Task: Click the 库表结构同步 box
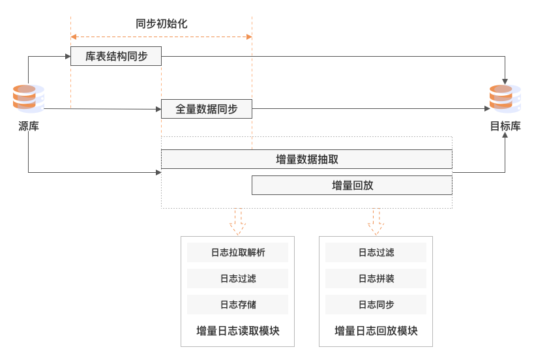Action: [x=116, y=57]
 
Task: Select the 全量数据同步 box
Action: [x=206, y=110]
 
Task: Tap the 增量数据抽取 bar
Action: [x=306, y=159]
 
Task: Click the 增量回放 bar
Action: [x=352, y=185]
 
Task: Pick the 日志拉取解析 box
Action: [x=237, y=252]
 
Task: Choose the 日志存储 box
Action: [x=237, y=305]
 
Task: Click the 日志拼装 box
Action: [x=376, y=278]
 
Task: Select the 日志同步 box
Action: [x=376, y=305]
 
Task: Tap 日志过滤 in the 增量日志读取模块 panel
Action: [x=237, y=278]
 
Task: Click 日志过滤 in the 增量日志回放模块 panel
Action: [x=376, y=252]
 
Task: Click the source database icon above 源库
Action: [x=29, y=98]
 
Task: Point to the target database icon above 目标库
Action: [x=505, y=98]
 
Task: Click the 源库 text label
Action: [x=29, y=127]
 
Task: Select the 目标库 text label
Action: [x=505, y=127]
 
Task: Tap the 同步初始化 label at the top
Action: [x=162, y=23]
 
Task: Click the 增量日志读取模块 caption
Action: [x=237, y=331]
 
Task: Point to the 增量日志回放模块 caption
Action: [x=376, y=331]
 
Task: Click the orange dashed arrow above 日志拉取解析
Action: [x=237, y=222]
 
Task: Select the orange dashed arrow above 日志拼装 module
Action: [x=376, y=222]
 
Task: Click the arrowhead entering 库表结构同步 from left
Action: [x=67, y=57]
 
